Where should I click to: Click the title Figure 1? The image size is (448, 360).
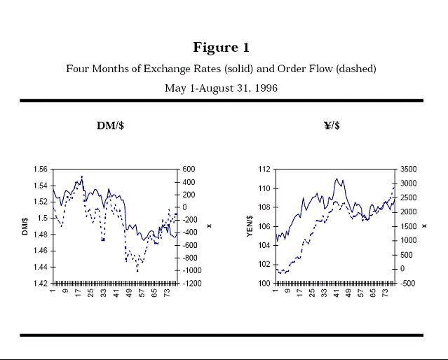(222, 48)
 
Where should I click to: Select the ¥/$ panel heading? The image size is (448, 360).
(332, 125)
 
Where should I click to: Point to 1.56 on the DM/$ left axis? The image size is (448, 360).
(41, 169)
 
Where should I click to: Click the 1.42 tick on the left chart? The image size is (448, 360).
(41, 284)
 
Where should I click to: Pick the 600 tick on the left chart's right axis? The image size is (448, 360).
(189, 169)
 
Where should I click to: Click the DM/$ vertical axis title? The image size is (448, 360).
(26, 226)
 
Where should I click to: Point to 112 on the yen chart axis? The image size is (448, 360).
(265, 169)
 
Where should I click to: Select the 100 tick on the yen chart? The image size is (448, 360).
(265, 284)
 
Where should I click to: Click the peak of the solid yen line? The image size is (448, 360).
(337, 179)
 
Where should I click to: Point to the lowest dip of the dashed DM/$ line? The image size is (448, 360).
(137, 271)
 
